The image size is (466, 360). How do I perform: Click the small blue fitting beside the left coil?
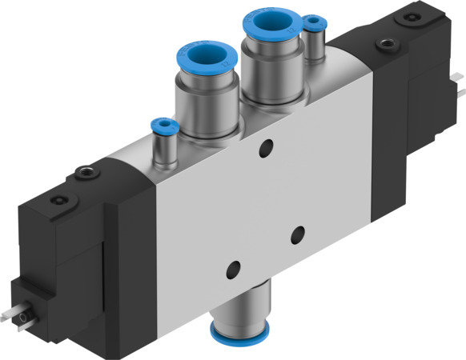click(163, 126)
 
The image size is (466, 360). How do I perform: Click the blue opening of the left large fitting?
click(195, 58)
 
